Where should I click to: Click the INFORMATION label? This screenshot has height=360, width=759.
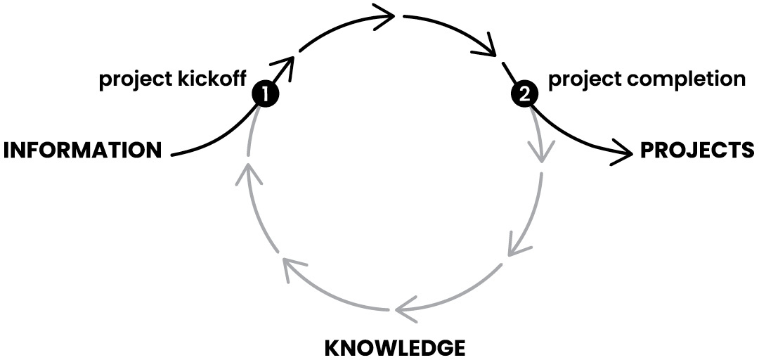(x=83, y=150)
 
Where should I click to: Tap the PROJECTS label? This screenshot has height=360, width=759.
(x=696, y=150)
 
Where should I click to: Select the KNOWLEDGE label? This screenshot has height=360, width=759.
(x=394, y=347)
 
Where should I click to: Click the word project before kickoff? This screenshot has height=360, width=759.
(x=133, y=80)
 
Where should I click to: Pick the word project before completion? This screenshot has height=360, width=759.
(x=584, y=78)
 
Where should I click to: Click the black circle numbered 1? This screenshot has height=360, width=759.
(x=265, y=93)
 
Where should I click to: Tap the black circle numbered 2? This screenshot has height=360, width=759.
(x=524, y=93)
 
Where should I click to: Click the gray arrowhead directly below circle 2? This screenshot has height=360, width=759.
(x=540, y=150)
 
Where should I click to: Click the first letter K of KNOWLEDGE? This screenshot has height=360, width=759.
(x=331, y=347)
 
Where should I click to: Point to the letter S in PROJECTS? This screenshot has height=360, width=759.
(x=748, y=150)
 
